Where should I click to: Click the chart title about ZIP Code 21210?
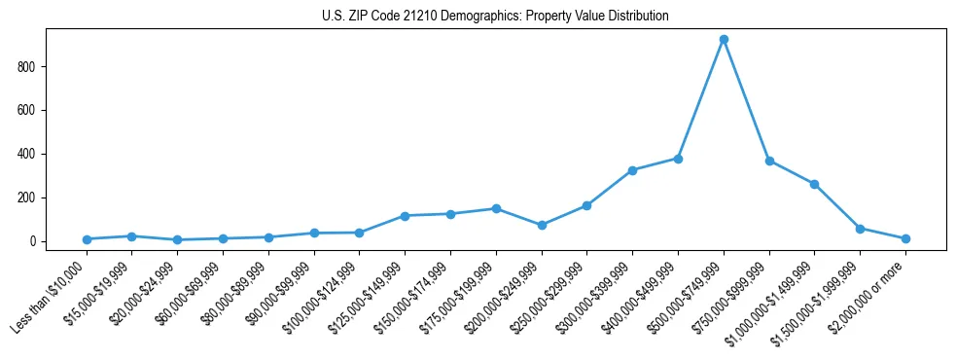point(495,17)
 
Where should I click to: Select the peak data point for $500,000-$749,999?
point(724,40)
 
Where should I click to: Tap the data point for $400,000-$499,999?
point(678,159)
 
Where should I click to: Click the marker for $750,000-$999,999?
point(769,162)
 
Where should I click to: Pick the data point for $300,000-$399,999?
point(632,170)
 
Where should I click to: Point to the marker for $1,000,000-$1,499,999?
point(814,184)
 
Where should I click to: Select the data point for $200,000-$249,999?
point(542,225)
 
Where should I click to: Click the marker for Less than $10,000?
point(87,239)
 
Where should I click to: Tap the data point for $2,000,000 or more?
point(905,238)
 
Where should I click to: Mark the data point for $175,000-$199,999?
point(496,208)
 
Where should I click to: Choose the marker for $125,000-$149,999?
point(405,216)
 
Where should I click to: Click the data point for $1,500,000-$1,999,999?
point(860,229)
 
